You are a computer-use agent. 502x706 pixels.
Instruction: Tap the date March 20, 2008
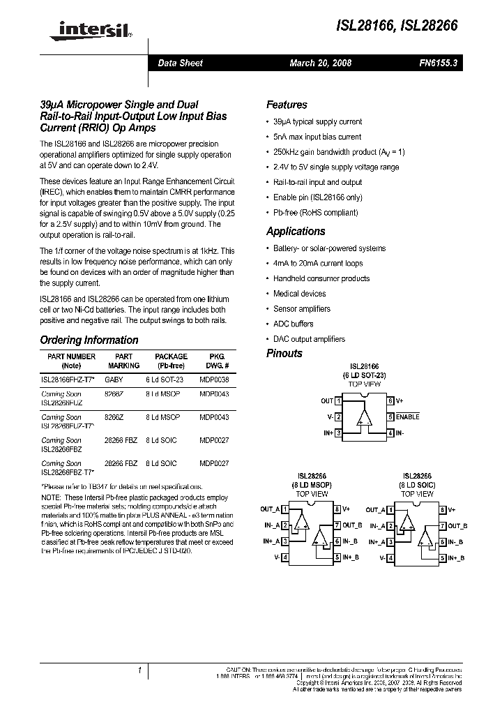[x=321, y=63]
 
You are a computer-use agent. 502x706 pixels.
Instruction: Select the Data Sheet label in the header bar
[x=180, y=63]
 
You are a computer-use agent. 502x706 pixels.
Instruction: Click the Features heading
[x=287, y=105]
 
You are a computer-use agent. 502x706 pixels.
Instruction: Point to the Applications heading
[x=296, y=232]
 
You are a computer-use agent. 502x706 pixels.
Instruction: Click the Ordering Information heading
[x=89, y=340]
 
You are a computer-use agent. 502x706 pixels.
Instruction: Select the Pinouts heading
[x=284, y=354]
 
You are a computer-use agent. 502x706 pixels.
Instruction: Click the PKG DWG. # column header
[x=218, y=361]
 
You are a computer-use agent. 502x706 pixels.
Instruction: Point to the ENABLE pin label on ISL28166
[x=408, y=417]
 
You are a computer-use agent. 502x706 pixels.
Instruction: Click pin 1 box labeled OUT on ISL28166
[x=338, y=401]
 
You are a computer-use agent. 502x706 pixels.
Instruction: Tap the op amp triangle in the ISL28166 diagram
[x=364, y=416]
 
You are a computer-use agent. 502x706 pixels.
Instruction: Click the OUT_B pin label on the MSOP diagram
[x=352, y=525]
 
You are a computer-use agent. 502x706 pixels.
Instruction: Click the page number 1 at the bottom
[x=140, y=670]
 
